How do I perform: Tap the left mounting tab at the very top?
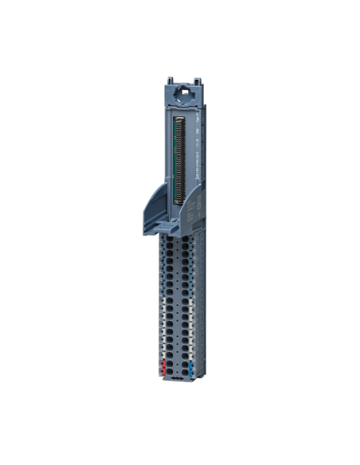[170, 81]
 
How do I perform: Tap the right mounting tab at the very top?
[196, 81]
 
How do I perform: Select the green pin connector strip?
[178, 159]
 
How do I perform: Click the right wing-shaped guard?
[193, 209]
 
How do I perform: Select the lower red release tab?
[164, 371]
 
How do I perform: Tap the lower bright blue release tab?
[191, 371]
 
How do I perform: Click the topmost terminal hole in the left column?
[170, 238]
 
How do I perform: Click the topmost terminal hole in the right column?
[185, 238]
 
